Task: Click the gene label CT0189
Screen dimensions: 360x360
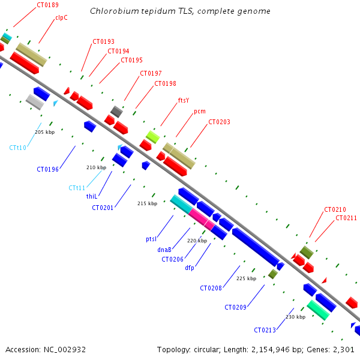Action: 47,5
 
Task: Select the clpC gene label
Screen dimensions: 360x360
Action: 61,18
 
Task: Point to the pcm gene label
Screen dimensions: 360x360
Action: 200,112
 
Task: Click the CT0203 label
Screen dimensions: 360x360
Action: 219,122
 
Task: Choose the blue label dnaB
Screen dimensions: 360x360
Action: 165,250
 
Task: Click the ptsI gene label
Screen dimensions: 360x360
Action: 151,239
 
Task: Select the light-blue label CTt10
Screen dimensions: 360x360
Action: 18,148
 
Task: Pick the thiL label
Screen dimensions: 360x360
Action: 92,196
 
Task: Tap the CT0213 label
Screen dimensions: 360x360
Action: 265,330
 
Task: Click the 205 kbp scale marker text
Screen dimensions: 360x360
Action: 44,132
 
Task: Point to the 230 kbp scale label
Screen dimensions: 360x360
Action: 295,317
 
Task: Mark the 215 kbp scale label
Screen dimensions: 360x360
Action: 147,203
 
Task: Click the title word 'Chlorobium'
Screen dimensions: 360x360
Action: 112,11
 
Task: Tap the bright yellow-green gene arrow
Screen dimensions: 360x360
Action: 153,137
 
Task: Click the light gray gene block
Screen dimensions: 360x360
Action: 35,102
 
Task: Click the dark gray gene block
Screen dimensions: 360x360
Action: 117,111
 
